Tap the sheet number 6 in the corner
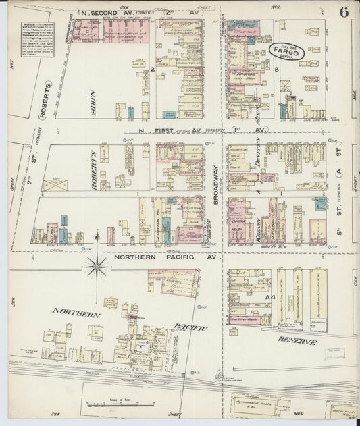(344, 12)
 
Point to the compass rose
(96, 266)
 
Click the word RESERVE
(295, 342)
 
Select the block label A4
(270, 297)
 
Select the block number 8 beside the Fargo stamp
(277, 69)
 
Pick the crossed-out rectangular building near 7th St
(55, 184)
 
